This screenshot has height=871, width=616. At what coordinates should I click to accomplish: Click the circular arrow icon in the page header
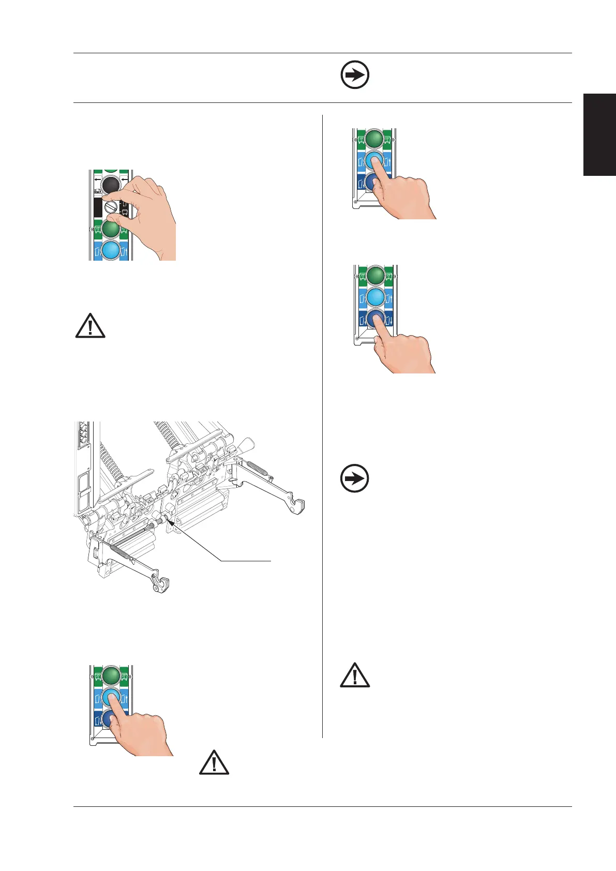tap(355, 76)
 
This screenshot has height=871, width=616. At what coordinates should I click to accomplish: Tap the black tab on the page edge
tap(600, 134)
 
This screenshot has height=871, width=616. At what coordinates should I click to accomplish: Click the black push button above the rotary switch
tap(111, 185)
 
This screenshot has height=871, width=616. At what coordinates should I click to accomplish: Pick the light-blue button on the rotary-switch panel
tap(110, 250)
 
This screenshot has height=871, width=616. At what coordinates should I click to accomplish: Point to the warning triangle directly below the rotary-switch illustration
tap(91, 326)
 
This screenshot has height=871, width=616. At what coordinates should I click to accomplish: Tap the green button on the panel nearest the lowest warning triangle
tap(111, 675)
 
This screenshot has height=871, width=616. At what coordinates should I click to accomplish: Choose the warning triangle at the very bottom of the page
tap(214, 762)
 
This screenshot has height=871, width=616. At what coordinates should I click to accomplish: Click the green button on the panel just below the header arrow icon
tap(374, 139)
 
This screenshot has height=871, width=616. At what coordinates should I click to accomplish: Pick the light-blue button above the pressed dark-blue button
tap(375, 297)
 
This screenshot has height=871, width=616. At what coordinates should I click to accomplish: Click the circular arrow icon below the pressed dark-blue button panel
tap(355, 478)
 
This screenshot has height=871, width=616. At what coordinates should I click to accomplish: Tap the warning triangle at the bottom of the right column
tap(355, 675)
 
